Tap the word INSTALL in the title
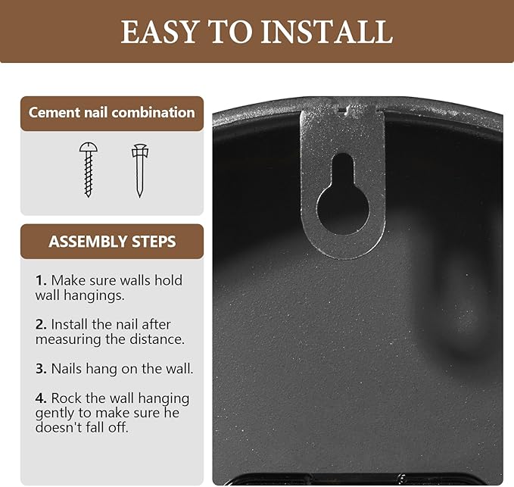327,32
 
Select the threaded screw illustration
88,170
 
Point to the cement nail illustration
140,170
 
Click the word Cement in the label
55,113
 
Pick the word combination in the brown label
153,113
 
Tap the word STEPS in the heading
154,242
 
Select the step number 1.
41,281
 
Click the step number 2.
41,325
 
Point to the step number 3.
41,369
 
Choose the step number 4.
41,398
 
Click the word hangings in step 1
94,296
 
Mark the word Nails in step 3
67,369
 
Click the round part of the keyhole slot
343,209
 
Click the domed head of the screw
88,147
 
